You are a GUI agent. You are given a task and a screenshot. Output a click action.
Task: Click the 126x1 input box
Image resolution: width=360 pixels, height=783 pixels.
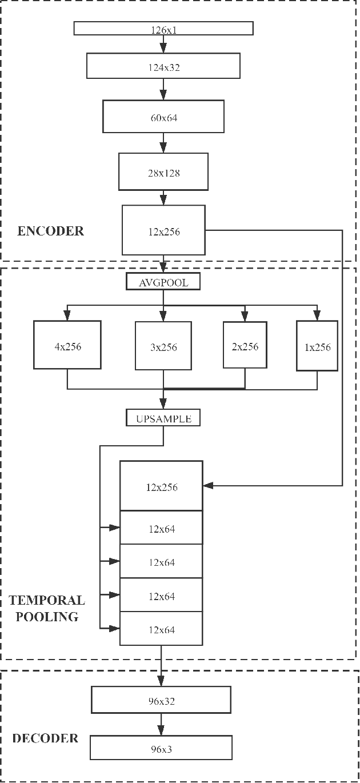tap(163, 29)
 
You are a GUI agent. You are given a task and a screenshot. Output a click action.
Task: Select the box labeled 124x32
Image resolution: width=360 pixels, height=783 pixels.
tap(163, 66)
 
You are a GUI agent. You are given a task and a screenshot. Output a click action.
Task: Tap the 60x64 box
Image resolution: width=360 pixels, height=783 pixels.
tap(163, 117)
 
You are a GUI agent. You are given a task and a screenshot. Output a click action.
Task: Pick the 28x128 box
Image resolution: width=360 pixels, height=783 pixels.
tap(163, 171)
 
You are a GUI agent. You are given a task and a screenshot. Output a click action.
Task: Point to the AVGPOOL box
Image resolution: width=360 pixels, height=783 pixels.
tap(163, 282)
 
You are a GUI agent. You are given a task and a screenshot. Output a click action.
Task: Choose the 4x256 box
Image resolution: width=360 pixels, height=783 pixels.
tap(67, 345)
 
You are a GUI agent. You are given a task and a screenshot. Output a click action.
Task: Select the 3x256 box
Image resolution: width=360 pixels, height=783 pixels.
tap(163, 346)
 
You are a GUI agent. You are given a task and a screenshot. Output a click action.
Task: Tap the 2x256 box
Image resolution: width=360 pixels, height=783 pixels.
tap(245, 346)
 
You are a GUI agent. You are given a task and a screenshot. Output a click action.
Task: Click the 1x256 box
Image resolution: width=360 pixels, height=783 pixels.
tap(317, 346)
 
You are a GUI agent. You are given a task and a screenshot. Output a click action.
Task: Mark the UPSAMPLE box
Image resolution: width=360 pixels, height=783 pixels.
tap(163, 418)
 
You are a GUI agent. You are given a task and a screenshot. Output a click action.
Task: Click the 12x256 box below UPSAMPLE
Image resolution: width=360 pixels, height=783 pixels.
tap(162, 486)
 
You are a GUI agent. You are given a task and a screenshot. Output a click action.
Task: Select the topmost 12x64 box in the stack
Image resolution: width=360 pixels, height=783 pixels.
tap(162, 528)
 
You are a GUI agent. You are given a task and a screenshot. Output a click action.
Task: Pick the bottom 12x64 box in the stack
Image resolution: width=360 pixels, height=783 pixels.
tap(162, 629)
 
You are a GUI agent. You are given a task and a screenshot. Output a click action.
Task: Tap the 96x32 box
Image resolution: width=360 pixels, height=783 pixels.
tap(162, 700)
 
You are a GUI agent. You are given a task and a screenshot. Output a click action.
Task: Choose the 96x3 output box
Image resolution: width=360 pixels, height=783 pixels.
tap(162, 747)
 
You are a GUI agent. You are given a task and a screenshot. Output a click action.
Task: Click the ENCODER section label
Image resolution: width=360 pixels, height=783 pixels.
tap(50, 231)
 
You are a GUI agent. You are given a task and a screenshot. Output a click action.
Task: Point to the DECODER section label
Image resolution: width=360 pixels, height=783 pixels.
tap(45, 738)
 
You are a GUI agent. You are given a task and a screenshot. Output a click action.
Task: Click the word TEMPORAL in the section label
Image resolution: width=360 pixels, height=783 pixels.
tap(46, 601)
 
